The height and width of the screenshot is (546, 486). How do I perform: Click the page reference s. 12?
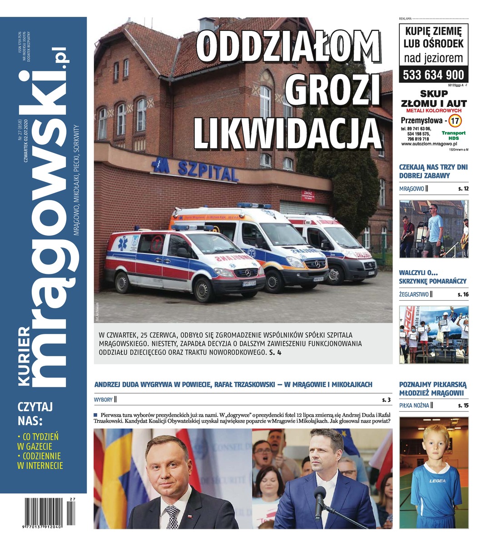click(462, 188)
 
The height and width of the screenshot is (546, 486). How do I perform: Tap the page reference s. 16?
click(462, 294)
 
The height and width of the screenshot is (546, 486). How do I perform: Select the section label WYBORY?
click(104, 399)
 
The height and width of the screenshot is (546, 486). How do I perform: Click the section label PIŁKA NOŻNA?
click(414, 405)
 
